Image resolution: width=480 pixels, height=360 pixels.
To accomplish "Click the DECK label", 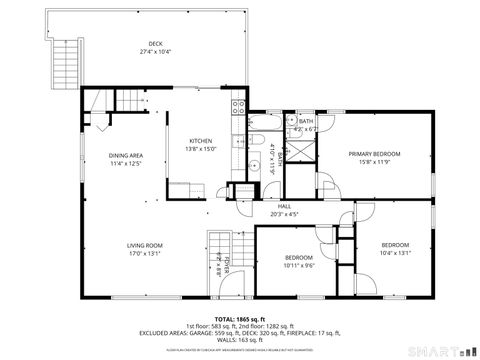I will (155, 43).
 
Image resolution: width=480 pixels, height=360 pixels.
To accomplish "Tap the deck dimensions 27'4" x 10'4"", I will (155, 51).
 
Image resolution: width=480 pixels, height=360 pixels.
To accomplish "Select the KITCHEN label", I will (201, 141).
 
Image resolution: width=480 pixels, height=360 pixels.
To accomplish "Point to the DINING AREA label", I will (126, 155).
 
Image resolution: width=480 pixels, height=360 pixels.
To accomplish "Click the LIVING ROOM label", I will (144, 244).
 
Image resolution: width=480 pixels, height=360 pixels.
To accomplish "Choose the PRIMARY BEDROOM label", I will (374, 154).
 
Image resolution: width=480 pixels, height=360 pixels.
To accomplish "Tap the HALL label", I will (284, 206).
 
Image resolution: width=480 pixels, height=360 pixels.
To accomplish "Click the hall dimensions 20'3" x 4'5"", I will (284, 214).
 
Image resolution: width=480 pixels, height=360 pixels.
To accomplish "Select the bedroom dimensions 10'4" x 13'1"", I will (395, 253).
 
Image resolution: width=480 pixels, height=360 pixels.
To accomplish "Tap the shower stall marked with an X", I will (299, 151).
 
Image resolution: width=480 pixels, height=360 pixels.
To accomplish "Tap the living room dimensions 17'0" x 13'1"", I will (144, 252).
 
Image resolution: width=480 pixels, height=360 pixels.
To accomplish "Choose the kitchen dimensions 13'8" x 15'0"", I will (201, 149).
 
